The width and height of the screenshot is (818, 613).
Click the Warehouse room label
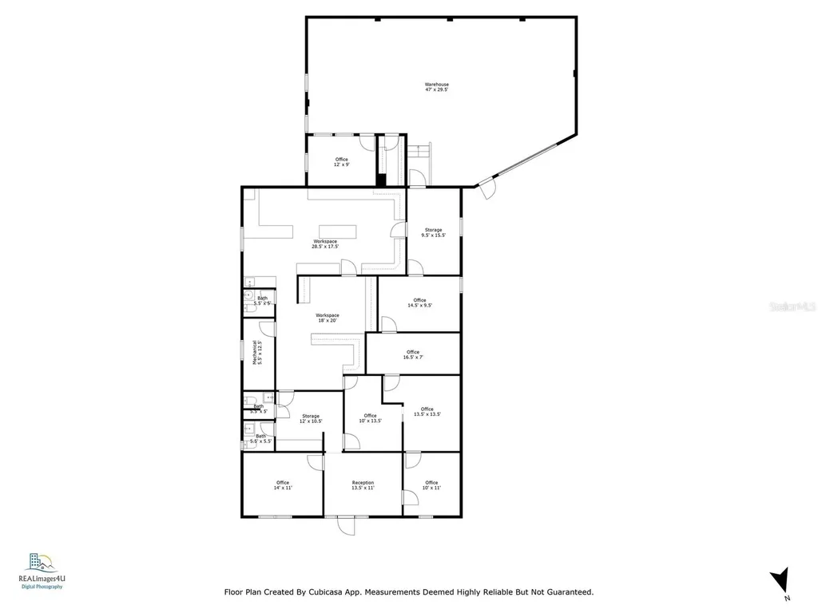click(436, 87)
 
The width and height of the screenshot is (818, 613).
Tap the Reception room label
click(363, 485)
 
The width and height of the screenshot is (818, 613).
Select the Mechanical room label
click(256, 352)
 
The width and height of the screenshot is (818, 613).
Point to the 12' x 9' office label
click(341, 162)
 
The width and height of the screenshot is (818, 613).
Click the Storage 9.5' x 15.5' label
click(433, 232)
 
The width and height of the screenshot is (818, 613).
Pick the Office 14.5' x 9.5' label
click(419, 303)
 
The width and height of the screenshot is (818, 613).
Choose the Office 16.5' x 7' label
click(412, 354)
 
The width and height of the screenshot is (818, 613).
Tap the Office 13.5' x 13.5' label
click(427, 412)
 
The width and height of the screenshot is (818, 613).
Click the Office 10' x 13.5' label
click(370, 418)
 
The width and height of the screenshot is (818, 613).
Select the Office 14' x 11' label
click(282, 485)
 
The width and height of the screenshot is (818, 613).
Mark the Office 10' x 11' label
click(431, 485)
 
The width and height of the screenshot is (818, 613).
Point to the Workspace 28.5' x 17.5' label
click(324, 243)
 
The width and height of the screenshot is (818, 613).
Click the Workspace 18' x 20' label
click(327, 318)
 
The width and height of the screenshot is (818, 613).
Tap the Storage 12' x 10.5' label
click(310, 418)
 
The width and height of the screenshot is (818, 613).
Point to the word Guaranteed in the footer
click(563, 592)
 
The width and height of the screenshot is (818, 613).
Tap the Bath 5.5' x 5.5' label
click(260, 438)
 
